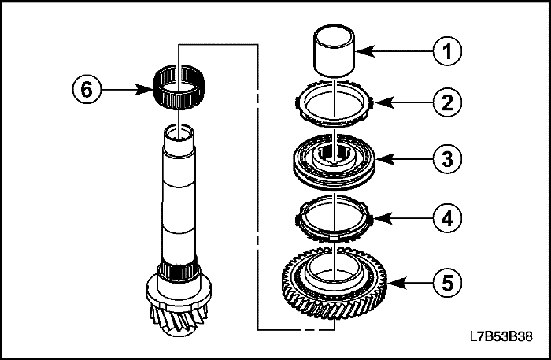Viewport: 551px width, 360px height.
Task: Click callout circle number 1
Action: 449,54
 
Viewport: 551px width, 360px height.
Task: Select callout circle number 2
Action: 449,102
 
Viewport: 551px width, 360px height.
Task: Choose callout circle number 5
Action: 449,280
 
